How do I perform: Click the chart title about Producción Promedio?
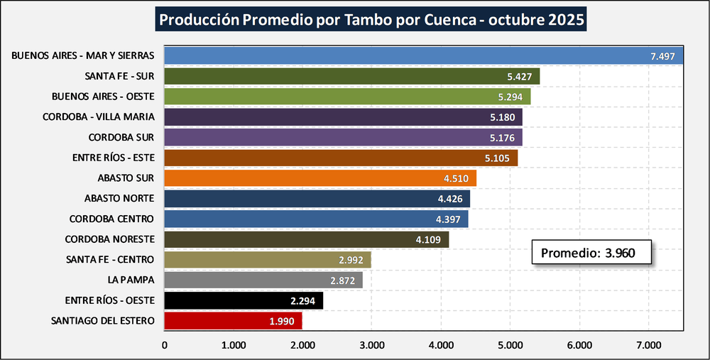(372, 20)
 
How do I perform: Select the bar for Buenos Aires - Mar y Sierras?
(423, 55)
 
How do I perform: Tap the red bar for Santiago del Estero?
(233, 321)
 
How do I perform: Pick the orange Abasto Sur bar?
(319, 178)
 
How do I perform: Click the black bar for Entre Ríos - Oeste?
(244, 300)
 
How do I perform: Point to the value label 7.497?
(662, 56)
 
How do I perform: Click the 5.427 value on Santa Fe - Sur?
(521, 77)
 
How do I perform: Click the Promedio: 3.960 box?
(592, 252)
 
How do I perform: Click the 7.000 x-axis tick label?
(648, 345)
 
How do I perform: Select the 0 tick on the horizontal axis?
(165, 345)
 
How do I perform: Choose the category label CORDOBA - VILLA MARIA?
(99, 116)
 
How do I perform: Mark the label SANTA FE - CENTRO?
(110, 260)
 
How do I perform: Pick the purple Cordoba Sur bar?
(343, 137)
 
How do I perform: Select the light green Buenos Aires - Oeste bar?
(347, 96)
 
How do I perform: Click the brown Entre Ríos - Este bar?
(341, 158)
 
